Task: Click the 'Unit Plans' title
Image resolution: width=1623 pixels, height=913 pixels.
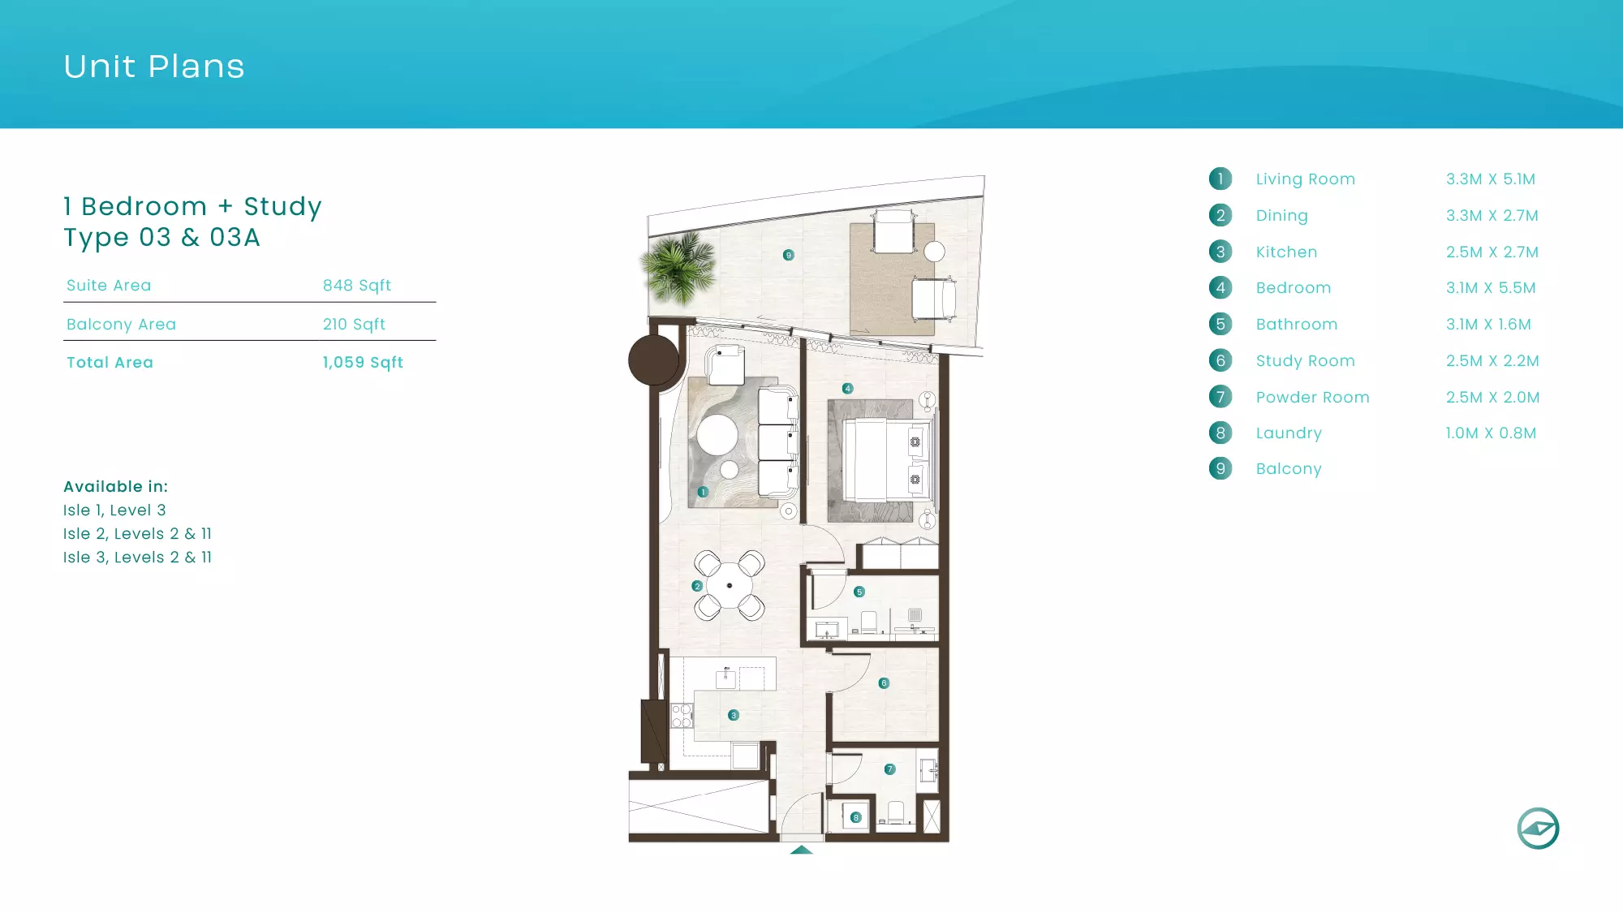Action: tap(154, 67)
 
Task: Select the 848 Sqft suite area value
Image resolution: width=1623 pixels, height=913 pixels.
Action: tap(357, 286)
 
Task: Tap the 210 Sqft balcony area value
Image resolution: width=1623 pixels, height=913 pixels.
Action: tap(354, 325)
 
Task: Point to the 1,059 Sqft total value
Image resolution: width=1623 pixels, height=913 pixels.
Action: tap(363, 363)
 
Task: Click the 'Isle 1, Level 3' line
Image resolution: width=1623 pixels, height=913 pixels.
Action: tap(114, 510)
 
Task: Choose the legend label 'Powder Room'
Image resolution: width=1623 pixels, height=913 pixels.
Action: tap(1312, 398)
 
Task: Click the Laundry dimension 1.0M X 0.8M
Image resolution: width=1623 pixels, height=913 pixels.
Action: tap(1491, 433)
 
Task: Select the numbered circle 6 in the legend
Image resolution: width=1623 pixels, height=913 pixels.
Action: tap(1220, 360)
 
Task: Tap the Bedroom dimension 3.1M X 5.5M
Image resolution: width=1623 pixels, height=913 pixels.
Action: tap(1491, 288)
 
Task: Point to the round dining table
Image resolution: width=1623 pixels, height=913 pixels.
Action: tap(729, 585)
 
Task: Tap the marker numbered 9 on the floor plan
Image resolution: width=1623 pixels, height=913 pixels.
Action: tap(788, 255)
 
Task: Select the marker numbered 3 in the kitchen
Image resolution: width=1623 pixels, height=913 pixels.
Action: tap(734, 715)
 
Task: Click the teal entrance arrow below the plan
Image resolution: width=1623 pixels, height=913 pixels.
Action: tap(801, 850)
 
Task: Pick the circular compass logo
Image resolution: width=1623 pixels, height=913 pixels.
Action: tap(1538, 829)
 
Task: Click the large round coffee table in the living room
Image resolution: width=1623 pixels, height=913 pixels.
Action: tap(717, 435)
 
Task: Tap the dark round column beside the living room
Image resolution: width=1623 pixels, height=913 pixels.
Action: tap(653, 360)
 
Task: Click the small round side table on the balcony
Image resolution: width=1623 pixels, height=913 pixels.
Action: tap(935, 252)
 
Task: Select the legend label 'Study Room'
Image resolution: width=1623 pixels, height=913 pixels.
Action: tap(1305, 361)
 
